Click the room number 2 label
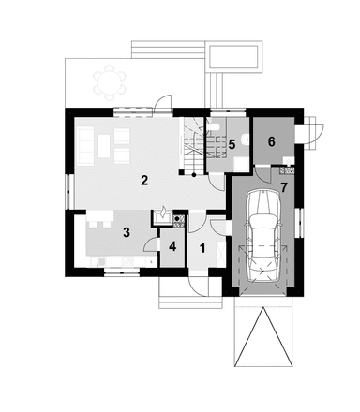click(144, 180)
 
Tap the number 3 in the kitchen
click(125, 231)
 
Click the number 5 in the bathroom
click(232, 144)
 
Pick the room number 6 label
click(272, 141)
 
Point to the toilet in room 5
click(243, 140)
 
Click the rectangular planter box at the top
click(235, 57)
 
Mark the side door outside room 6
click(313, 131)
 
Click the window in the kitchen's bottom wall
click(119, 271)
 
